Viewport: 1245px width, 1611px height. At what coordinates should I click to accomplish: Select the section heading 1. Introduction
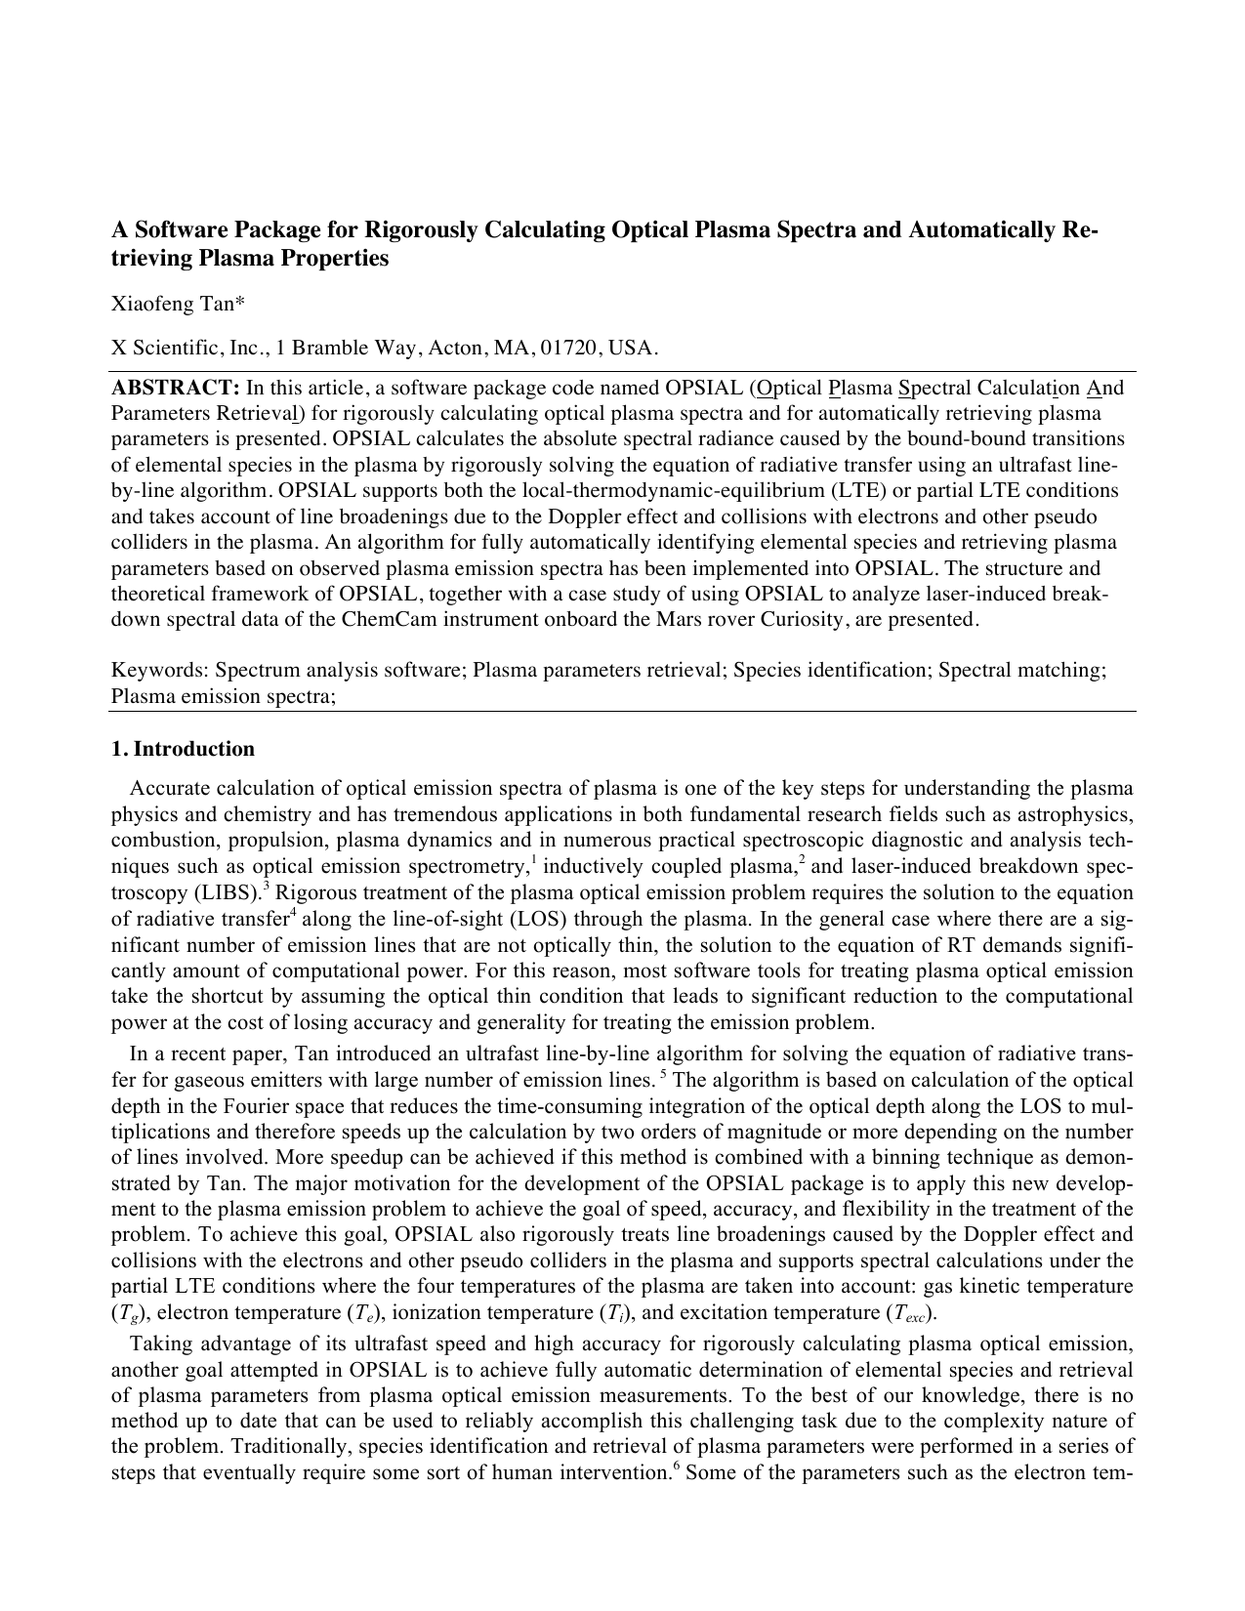183,749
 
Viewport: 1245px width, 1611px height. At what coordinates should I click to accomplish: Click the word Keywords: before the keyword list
160,671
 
